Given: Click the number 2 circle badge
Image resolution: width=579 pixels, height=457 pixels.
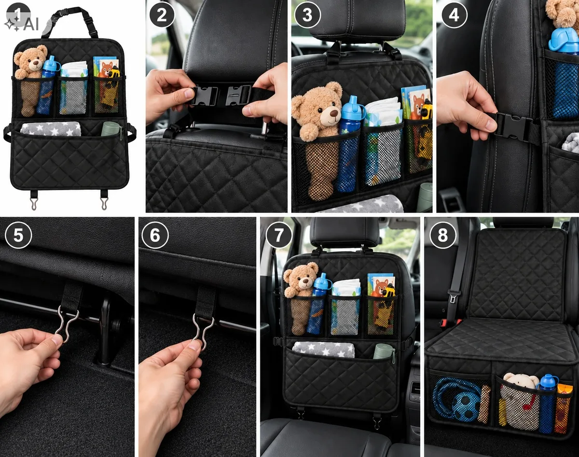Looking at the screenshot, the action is point(162,15).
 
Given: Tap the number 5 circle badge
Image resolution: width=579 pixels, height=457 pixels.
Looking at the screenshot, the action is point(18,235).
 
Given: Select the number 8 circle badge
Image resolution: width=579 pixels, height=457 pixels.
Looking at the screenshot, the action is point(442,235).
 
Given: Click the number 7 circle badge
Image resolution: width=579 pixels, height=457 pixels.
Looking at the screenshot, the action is point(279,235).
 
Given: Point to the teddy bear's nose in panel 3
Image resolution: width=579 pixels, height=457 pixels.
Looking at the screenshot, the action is point(334,113).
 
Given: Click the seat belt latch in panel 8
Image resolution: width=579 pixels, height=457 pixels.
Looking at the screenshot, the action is point(453,299).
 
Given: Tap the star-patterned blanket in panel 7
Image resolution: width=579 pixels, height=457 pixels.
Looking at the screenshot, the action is point(324,349).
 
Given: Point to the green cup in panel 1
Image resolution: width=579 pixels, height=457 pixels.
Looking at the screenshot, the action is point(110,129).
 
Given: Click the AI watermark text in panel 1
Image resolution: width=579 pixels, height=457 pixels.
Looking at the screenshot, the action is point(31,25).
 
